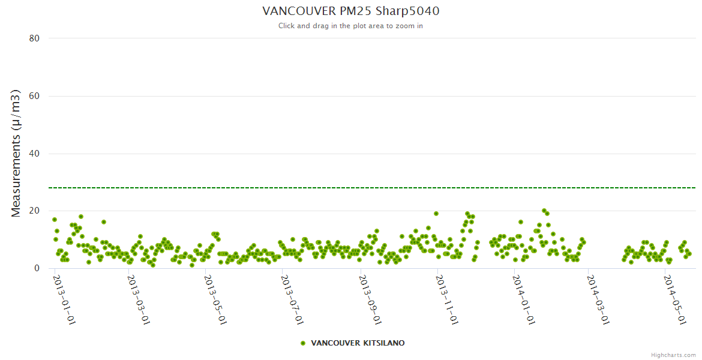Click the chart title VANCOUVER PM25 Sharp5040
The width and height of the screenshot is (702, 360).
click(x=355, y=11)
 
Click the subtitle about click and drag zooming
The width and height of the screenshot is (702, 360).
click(x=350, y=26)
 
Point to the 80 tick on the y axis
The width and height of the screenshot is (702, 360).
click(x=34, y=38)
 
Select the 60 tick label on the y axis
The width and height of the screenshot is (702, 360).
click(x=34, y=96)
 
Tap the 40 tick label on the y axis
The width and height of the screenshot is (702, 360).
click(x=34, y=154)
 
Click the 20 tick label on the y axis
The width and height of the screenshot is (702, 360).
click(x=34, y=211)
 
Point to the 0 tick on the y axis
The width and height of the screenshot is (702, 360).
click(x=37, y=268)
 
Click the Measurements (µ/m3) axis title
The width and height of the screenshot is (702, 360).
click(x=16, y=153)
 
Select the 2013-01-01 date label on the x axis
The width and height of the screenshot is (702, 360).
click(x=64, y=299)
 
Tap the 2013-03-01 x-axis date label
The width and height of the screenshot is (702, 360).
click(x=138, y=299)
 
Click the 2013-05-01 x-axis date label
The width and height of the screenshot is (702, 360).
click(x=215, y=299)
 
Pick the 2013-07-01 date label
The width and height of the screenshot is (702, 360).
click(x=292, y=299)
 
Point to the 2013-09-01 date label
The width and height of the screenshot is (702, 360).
click(x=370, y=299)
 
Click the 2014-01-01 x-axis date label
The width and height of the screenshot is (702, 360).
click(x=523, y=299)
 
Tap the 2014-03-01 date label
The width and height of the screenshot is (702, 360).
click(x=598, y=299)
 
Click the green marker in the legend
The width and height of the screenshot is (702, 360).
click(x=303, y=343)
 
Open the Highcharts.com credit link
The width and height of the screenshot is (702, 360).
click(x=673, y=355)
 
